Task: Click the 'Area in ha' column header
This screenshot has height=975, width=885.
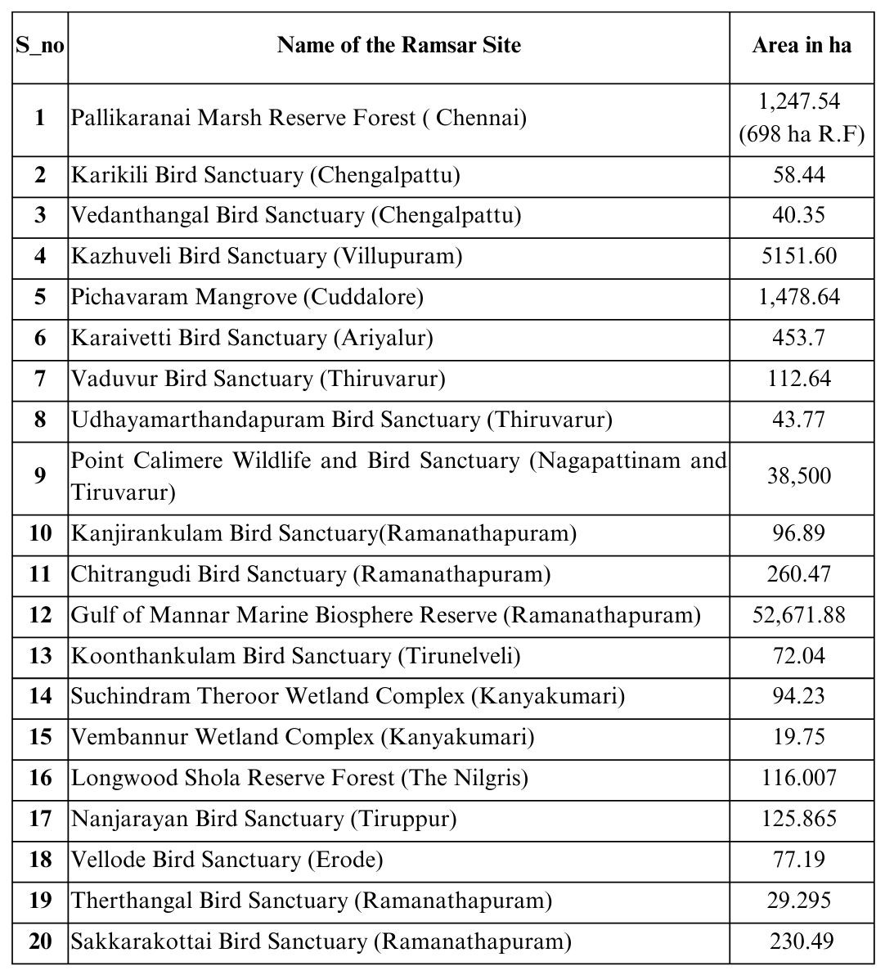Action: pos(801,45)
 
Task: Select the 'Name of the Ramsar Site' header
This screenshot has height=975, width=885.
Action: pos(398,45)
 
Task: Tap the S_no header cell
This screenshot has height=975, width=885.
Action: pos(40,45)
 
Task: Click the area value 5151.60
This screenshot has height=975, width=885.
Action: pos(799,256)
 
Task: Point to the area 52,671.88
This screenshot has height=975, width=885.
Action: pos(799,615)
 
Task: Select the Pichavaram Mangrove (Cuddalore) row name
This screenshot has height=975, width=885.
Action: pos(247,297)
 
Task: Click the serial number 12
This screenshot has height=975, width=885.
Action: pos(40,615)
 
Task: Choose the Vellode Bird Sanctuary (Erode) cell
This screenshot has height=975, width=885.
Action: pos(227,860)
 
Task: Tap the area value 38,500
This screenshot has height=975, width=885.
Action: pos(799,476)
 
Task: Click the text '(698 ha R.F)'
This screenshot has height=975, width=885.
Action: pos(801,134)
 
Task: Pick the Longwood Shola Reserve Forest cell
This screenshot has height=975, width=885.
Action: pos(299,778)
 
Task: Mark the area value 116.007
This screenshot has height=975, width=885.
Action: pos(799,778)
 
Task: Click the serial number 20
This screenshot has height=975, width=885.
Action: pos(40,941)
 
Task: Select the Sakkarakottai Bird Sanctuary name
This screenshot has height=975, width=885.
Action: pos(321,941)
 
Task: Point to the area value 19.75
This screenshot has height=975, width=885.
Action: pos(799,737)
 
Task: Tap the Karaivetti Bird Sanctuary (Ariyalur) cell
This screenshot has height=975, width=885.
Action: pos(252,338)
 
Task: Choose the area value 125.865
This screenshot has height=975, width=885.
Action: pos(799,819)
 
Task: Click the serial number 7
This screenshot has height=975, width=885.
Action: pos(40,379)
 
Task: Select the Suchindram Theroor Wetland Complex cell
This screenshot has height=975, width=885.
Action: pos(348,696)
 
